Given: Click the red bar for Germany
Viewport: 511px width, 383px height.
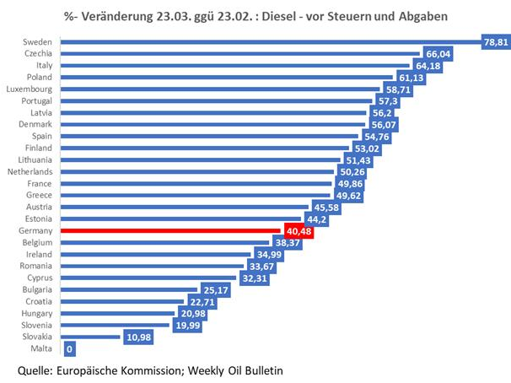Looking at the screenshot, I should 169,229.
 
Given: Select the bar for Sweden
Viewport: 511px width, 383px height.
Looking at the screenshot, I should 253,40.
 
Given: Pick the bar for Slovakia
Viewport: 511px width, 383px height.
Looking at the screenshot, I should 89,336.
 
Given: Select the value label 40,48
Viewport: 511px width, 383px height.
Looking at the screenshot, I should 297,229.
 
